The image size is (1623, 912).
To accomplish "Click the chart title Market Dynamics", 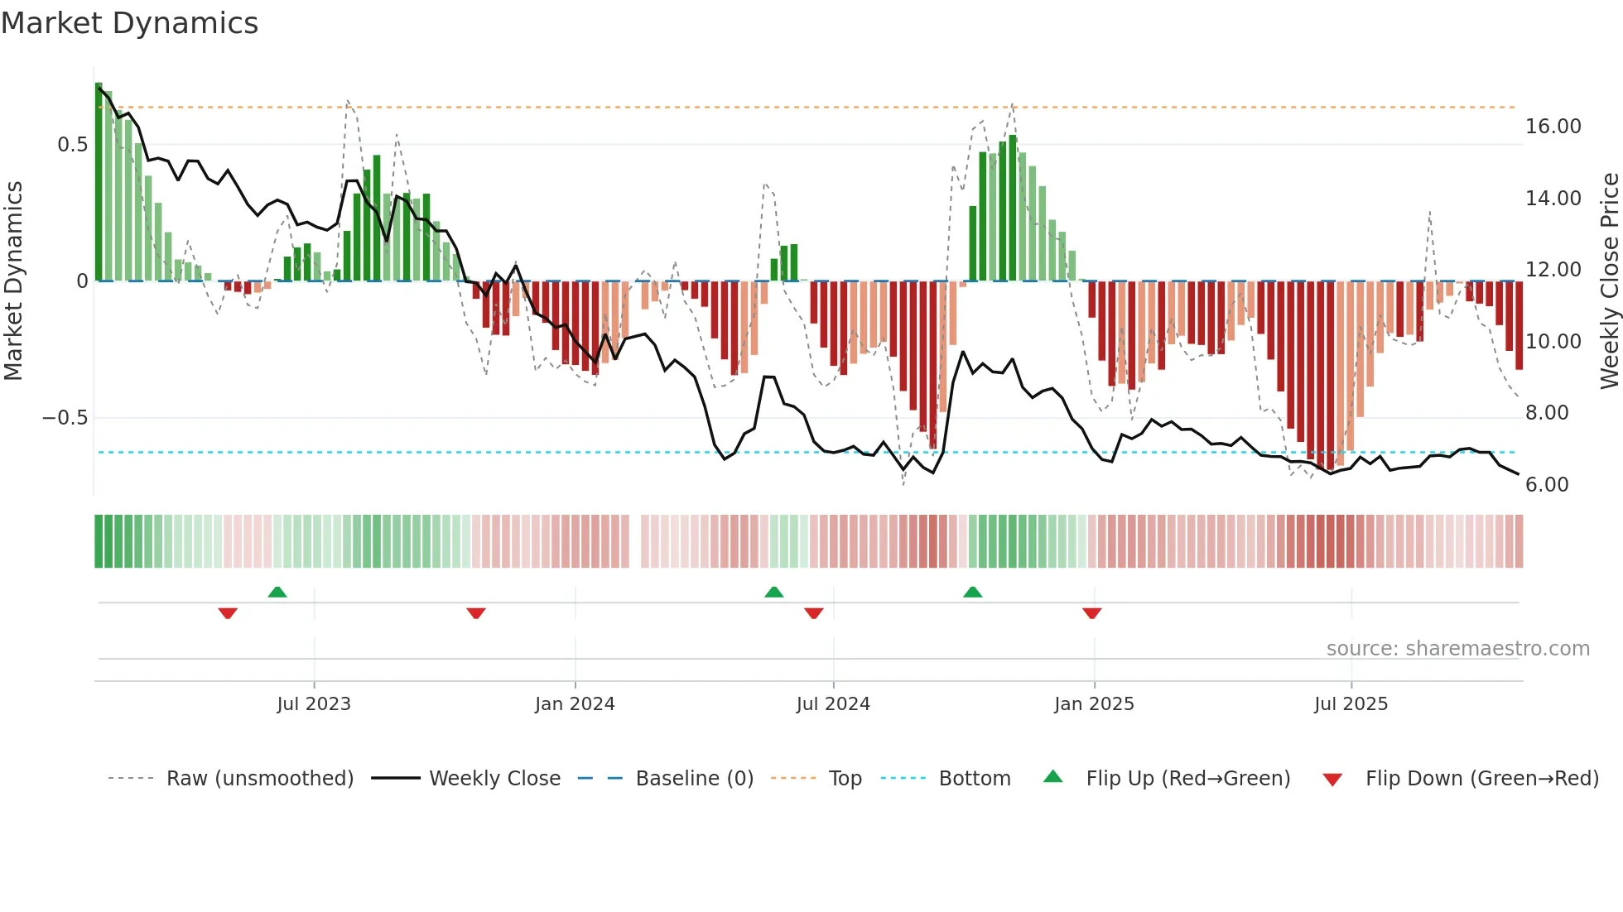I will pyautogui.click(x=129, y=23).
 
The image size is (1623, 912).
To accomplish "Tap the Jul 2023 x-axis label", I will pyautogui.click(x=314, y=704).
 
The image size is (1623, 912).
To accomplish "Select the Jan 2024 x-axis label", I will pyautogui.click(x=575, y=704).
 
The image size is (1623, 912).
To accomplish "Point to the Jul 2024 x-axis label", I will pyautogui.click(x=833, y=704).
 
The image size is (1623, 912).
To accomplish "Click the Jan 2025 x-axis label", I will pyautogui.click(x=1094, y=704).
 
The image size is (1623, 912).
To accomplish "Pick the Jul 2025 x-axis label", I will pyautogui.click(x=1351, y=704).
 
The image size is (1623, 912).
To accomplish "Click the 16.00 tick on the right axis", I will pyautogui.click(x=1553, y=127).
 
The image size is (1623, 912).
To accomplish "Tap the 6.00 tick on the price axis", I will pyautogui.click(x=1547, y=485).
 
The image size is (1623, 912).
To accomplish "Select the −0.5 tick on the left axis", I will pyautogui.click(x=65, y=418).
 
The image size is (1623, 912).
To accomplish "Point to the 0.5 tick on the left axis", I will pyautogui.click(x=72, y=145).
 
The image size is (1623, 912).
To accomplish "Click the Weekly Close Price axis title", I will pyautogui.click(x=1609, y=281).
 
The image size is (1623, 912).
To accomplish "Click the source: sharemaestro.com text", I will pyautogui.click(x=1457, y=649).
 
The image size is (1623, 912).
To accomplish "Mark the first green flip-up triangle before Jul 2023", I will pyautogui.click(x=277, y=593).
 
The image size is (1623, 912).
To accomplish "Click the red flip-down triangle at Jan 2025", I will pyautogui.click(x=1091, y=613).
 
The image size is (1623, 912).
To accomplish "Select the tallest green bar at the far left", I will pyautogui.click(x=99, y=182).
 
